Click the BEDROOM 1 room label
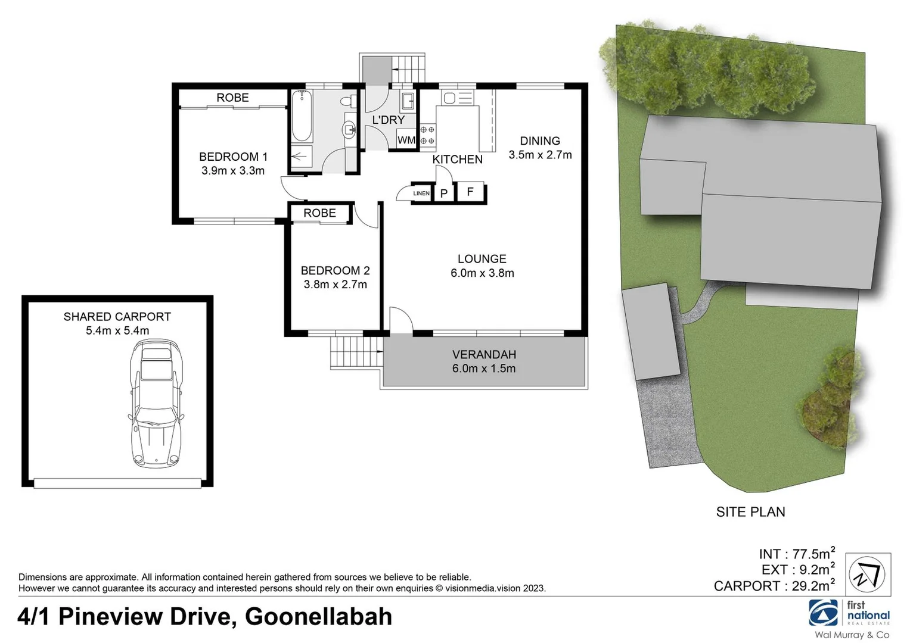pos(233,157)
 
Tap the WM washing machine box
pos(406,141)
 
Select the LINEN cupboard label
pos(421,193)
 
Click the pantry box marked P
pos(443,193)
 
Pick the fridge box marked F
pos(470,192)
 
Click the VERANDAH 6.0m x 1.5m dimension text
pos(484,369)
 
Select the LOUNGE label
pos(482,259)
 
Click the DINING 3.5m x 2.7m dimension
pos(540,155)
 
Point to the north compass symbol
pos(868,575)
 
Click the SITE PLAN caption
pos(750,512)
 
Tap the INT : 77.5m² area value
pos(796,554)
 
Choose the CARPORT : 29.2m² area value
pos(774,586)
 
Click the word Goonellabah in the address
pos(318,617)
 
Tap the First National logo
pos(849,613)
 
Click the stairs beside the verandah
pos(356,353)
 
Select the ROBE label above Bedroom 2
pos(319,213)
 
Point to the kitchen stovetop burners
pos(427,135)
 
